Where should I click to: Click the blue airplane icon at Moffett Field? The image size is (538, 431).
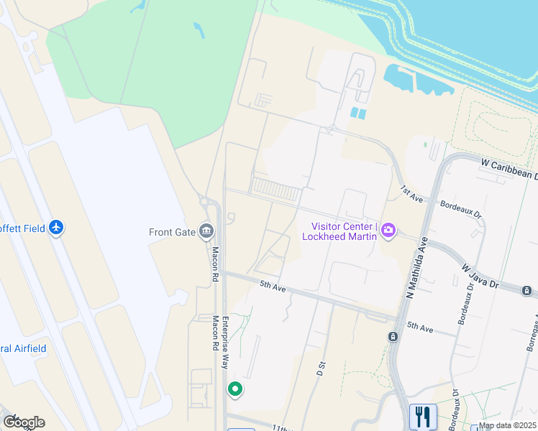(x=56, y=228)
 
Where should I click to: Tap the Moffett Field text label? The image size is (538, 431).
(x=22, y=228)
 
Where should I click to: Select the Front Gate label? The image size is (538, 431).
(x=170, y=232)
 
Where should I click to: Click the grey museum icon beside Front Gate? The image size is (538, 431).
(x=206, y=231)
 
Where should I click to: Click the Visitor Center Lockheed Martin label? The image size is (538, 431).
(x=339, y=231)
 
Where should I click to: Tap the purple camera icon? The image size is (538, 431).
(x=389, y=231)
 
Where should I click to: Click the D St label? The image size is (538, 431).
(x=321, y=369)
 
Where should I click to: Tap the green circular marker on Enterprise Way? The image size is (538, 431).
(x=234, y=390)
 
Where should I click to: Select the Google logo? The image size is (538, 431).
(x=23, y=422)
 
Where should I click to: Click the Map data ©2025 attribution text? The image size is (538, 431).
(x=507, y=425)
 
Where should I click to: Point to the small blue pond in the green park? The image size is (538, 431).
(x=199, y=30)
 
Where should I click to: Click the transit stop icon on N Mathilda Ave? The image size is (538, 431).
(x=393, y=336)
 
